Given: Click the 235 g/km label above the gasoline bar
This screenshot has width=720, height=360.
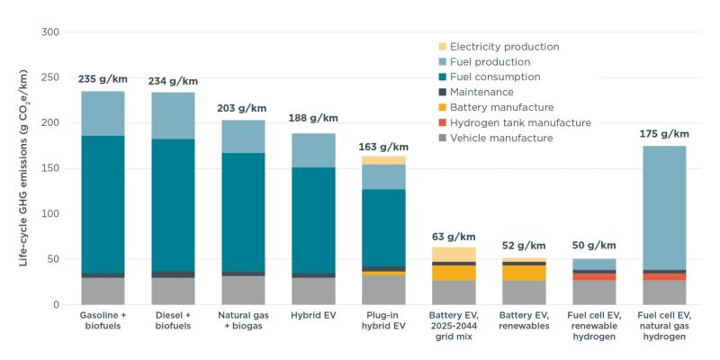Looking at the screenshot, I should point(103,79).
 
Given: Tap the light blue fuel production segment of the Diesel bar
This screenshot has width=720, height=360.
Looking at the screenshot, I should point(173,115).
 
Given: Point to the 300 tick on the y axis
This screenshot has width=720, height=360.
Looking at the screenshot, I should point(50,32).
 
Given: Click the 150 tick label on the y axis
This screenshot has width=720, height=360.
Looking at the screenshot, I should point(50,169).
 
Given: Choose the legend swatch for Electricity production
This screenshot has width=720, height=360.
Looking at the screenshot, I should point(441,47).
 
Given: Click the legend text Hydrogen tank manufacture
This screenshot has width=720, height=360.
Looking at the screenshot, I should point(520,122).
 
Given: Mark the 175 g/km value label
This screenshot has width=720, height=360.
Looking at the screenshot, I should point(664,134).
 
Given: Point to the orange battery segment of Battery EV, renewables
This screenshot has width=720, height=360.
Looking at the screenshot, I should point(524,272).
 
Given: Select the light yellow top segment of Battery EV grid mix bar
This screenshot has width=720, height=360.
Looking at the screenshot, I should point(454,254).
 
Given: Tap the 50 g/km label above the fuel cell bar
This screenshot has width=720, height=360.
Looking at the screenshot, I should point(594,246).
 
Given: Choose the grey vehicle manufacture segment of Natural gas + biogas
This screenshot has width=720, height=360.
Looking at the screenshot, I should point(243,290).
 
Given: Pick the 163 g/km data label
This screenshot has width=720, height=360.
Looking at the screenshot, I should point(383,146).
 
